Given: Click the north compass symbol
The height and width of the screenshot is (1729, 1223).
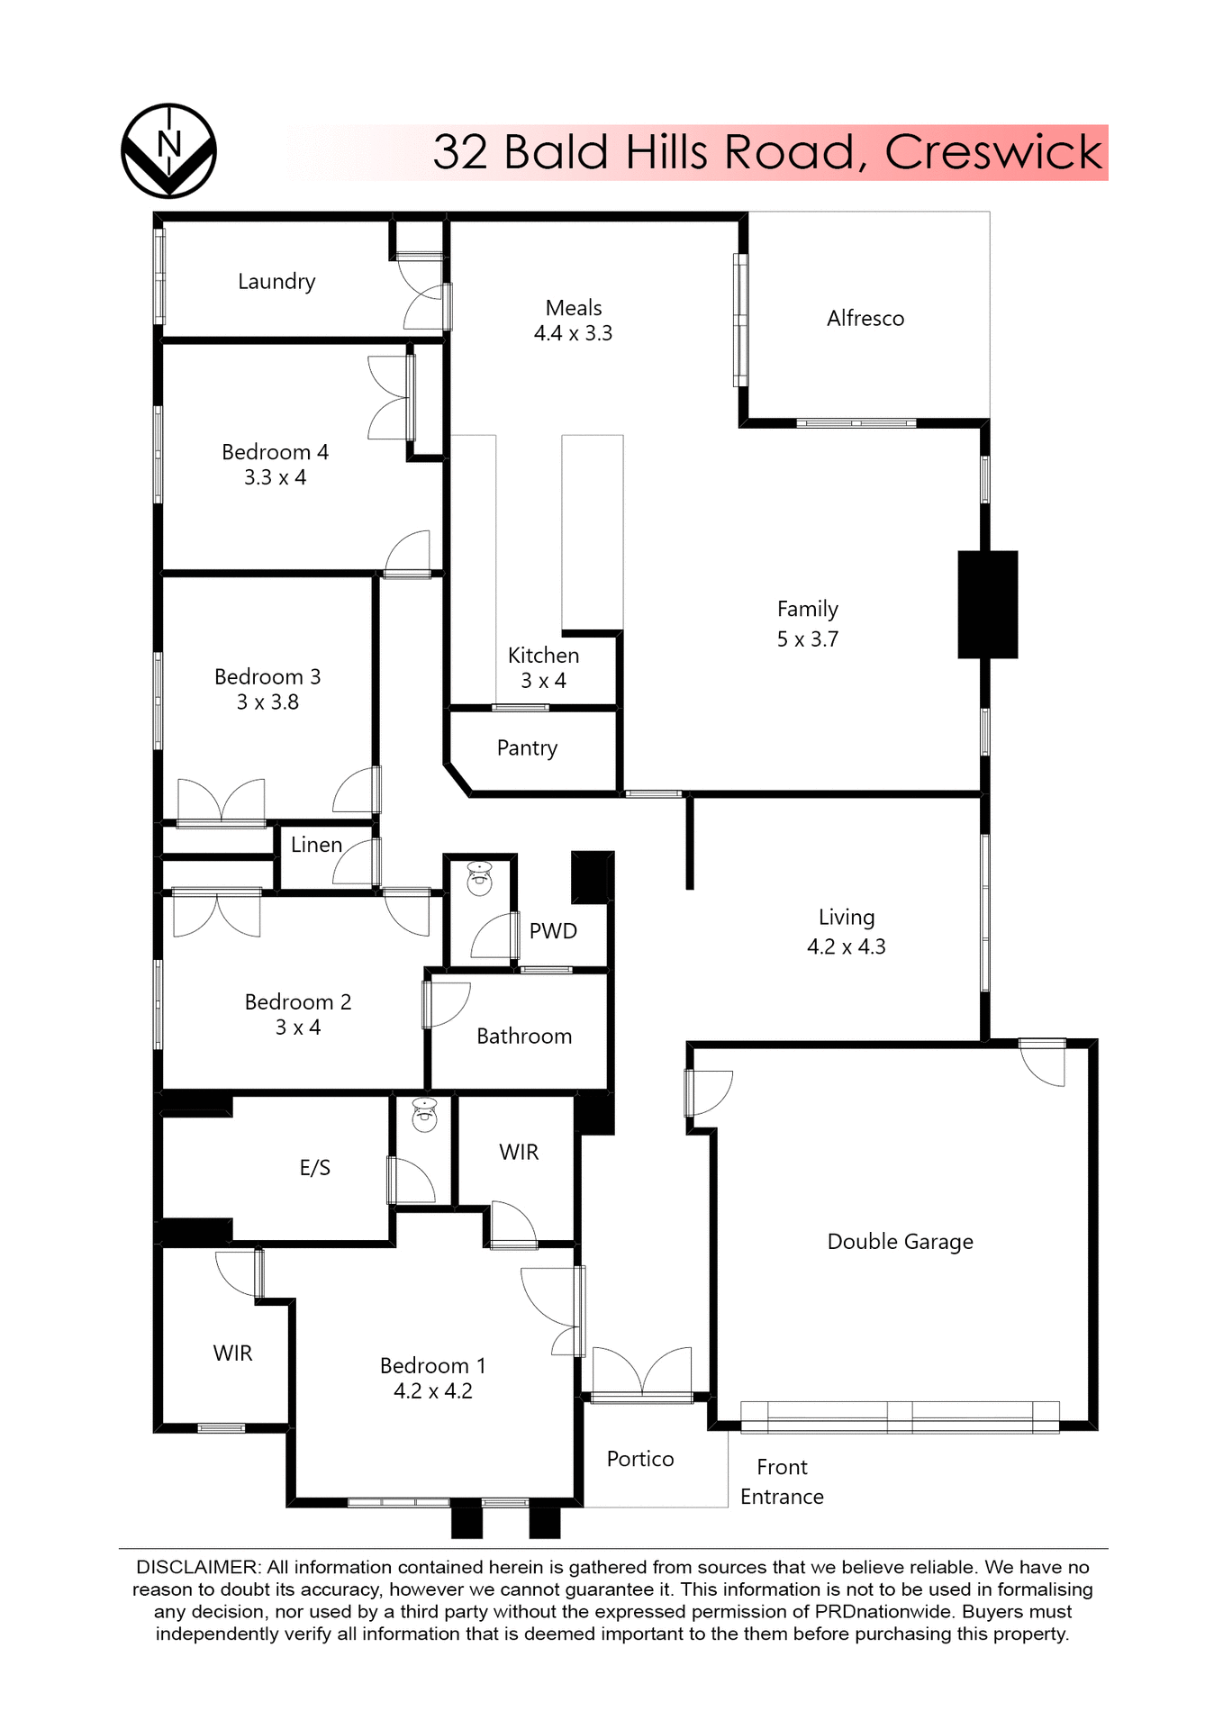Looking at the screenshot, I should (168, 150).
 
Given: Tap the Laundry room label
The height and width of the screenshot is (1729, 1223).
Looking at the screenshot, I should (276, 281).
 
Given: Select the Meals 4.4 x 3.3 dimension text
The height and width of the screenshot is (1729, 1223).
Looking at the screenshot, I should (573, 333).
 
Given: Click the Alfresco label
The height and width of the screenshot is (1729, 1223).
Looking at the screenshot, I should (865, 318).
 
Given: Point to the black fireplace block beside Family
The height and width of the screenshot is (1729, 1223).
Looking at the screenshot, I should (987, 604).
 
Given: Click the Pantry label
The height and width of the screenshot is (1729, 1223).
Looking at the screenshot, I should (527, 747).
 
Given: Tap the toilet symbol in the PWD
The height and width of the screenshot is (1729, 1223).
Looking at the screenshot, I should (479, 878).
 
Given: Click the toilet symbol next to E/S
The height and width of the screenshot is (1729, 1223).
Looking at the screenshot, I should (424, 1114).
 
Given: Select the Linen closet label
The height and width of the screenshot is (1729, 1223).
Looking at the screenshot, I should (316, 845).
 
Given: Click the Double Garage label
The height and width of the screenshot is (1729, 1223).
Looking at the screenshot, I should (900, 1242).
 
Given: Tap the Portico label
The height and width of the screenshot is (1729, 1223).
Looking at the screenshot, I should (639, 1459).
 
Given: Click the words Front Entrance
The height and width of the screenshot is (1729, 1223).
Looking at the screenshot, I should (782, 1481).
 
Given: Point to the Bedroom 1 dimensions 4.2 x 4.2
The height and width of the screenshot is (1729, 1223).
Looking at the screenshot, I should (432, 1391).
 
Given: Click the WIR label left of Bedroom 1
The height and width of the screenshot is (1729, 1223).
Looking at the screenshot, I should (232, 1353).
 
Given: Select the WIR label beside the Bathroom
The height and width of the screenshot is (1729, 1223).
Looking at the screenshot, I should (519, 1152).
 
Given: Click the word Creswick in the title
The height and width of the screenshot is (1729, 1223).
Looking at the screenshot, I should (992, 151).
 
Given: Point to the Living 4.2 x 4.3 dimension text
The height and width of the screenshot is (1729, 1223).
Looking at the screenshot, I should (846, 946).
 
